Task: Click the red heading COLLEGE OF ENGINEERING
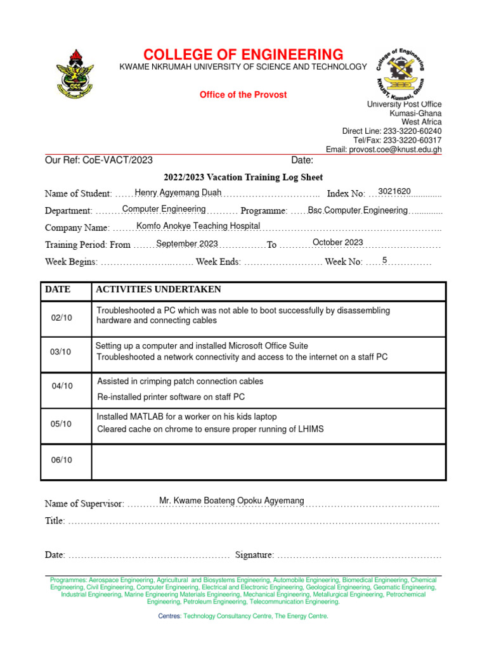pyautogui.click(x=243, y=54)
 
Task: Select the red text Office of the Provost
pyautogui.click(x=243, y=94)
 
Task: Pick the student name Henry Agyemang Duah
pyautogui.click(x=178, y=192)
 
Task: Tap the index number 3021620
pyautogui.click(x=394, y=191)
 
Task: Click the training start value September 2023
pyautogui.click(x=187, y=243)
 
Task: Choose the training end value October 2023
pyautogui.click(x=337, y=242)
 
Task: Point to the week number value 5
pyautogui.click(x=384, y=260)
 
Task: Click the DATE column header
pyautogui.click(x=58, y=290)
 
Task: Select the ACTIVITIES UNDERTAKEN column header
pyautogui.click(x=158, y=290)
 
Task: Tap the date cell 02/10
pyautogui.click(x=62, y=317)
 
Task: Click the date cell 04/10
pyautogui.click(x=62, y=385)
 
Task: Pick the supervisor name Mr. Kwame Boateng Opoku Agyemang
pyautogui.click(x=231, y=501)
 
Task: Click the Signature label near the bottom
pyautogui.click(x=254, y=555)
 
